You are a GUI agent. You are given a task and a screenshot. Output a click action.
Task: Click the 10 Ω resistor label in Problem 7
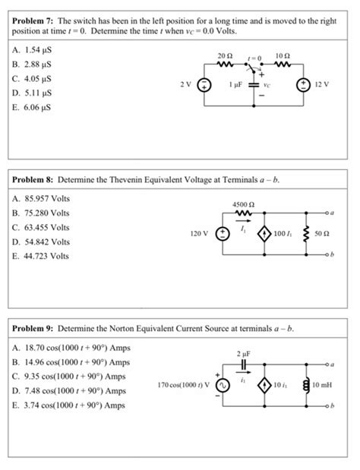283,56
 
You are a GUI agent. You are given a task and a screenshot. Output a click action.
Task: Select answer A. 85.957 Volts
42,200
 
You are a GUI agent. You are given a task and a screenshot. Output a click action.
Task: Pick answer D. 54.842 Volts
42,242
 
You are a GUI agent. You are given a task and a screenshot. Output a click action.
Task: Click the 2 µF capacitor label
241,353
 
